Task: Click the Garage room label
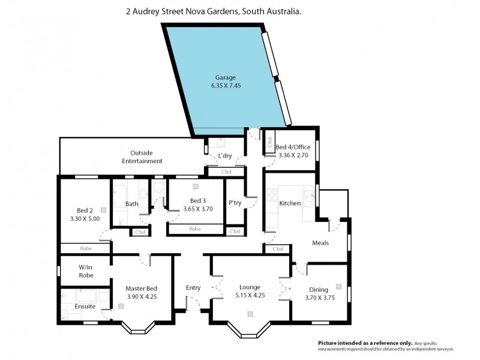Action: pos(226,77)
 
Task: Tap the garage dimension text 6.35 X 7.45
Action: pos(226,86)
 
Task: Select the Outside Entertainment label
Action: pos(142,157)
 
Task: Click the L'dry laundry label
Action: pos(225,156)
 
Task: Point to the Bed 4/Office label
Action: pos(293,147)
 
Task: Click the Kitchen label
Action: pos(290,203)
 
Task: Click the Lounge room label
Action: pos(250,287)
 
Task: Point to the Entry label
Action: pos(193,288)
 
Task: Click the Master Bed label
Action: pos(142,288)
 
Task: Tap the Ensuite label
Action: pos(85,307)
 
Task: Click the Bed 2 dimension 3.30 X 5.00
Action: pos(84,218)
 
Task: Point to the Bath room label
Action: pos(132,204)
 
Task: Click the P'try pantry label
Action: pos(235,203)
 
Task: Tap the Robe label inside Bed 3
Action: pos(194,229)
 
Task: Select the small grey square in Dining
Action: pos(339,286)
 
